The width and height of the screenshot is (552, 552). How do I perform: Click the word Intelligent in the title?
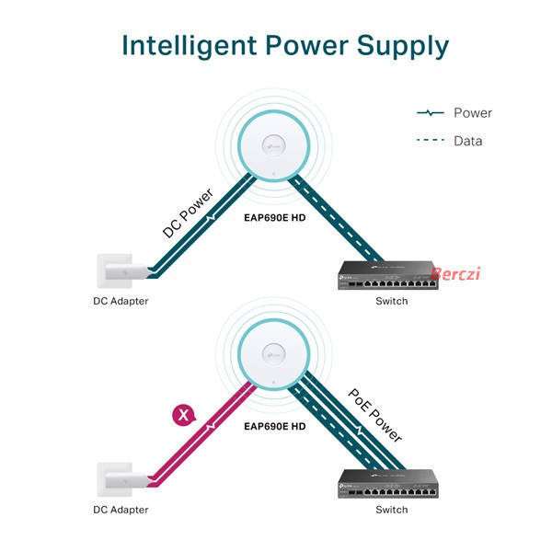(190, 46)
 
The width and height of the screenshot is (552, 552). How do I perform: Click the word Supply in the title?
(403, 46)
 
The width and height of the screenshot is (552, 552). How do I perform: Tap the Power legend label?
(473, 113)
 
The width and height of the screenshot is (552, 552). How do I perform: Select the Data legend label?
(468, 141)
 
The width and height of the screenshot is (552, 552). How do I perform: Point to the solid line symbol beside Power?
(431, 113)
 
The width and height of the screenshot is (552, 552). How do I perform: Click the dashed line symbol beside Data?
(431, 140)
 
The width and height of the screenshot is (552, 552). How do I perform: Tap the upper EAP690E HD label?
(274, 218)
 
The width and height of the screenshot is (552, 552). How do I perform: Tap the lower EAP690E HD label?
(274, 427)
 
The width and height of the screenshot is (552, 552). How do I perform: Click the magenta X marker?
(183, 415)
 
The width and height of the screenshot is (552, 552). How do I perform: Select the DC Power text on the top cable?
(188, 213)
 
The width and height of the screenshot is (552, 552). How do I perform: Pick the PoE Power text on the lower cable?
(375, 416)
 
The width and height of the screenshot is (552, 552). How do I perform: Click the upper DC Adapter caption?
(121, 302)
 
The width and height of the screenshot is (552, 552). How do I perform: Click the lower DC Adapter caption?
(121, 510)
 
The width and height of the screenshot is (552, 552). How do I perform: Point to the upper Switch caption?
(392, 302)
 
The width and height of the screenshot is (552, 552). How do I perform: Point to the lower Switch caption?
(392, 510)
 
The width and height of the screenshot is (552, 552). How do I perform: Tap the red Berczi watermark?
(455, 274)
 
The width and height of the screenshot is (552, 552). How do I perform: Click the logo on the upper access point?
(274, 145)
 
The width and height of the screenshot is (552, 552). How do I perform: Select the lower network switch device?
(388, 484)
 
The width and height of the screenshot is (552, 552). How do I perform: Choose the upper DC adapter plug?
(125, 271)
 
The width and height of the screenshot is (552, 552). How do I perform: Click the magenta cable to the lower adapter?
(201, 435)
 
